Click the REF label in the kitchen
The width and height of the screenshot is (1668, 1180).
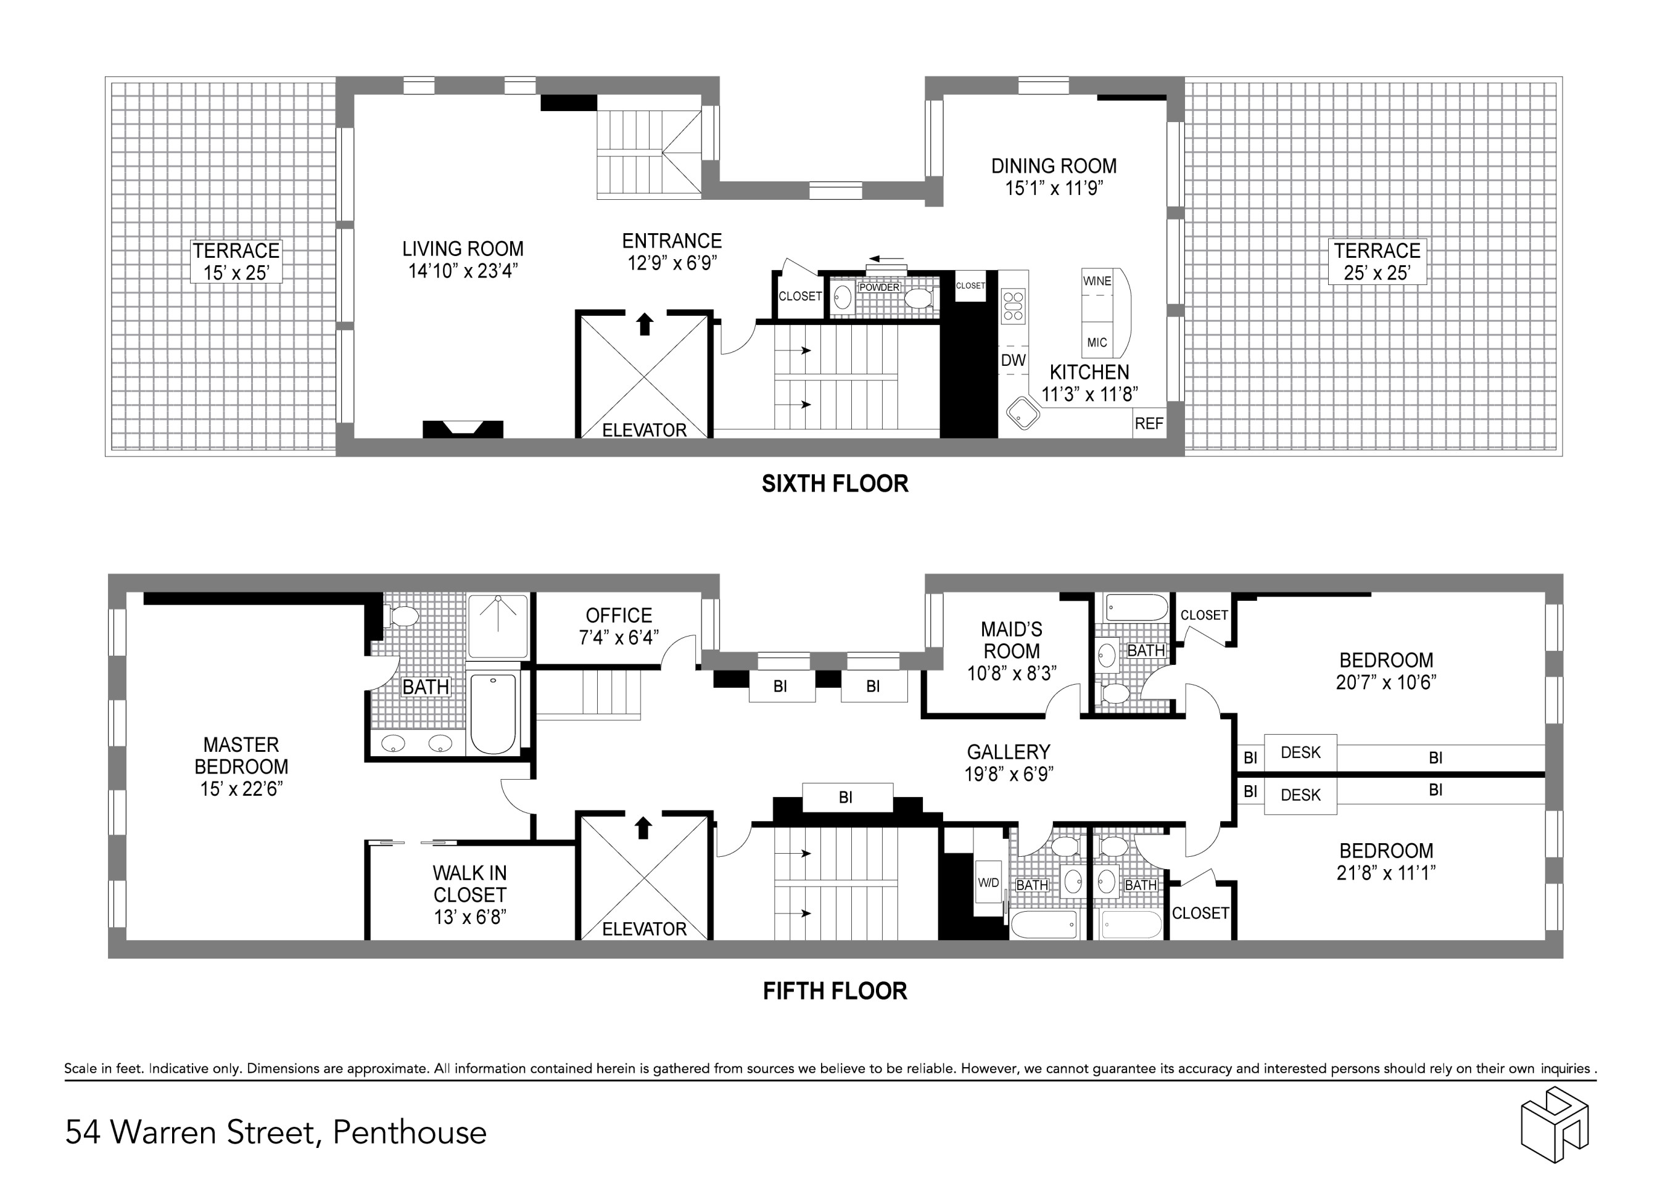[x=1149, y=424]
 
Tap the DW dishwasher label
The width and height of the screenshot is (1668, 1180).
[x=1013, y=360]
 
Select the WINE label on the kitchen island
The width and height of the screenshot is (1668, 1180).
[x=1096, y=281]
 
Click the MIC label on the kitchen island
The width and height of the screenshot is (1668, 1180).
[x=1096, y=342]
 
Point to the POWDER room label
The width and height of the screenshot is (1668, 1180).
[x=879, y=287]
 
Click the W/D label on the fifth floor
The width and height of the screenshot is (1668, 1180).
[x=988, y=883]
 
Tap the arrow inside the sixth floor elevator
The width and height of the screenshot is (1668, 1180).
[x=643, y=323]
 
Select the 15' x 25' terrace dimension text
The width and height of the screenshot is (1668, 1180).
[x=236, y=273]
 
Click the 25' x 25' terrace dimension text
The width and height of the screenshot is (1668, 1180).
[x=1377, y=273]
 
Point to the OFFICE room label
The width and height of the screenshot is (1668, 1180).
[x=618, y=616]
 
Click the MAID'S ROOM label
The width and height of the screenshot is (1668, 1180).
[x=1011, y=640]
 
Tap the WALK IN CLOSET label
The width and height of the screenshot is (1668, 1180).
[x=469, y=883]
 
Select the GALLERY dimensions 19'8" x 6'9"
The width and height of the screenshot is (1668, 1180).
[x=1009, y=774]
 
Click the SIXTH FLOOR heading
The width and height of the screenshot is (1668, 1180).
[x=835, y=484]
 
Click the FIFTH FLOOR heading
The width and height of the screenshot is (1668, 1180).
[x=835, y=991]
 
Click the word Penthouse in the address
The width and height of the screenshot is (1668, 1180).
[x=410, y=1132]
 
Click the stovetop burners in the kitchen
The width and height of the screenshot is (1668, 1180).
[x=1013, y=306]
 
